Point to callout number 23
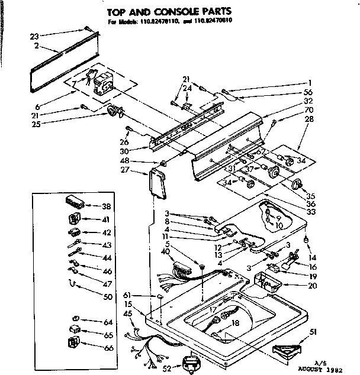coord(34,36)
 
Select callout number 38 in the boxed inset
coord(106,207)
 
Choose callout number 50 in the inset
coord(107,297)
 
